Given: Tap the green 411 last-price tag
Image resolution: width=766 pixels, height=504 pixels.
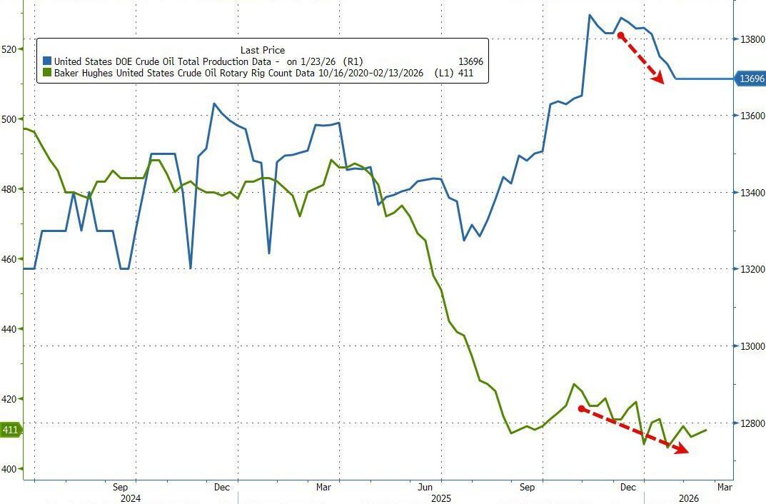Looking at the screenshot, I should click(10, 430).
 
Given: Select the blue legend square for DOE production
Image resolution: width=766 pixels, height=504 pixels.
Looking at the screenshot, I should click(47, 62).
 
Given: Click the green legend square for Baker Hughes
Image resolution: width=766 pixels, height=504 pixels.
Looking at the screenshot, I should click(47, 73).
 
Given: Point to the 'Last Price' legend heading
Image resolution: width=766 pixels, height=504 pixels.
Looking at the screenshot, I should click(262, 50).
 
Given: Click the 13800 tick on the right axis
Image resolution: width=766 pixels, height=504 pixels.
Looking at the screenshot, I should click(750, 39).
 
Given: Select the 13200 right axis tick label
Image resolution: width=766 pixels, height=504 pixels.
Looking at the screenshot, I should click(750, 270).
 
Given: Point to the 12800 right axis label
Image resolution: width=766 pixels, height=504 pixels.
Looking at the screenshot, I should click(750, 424).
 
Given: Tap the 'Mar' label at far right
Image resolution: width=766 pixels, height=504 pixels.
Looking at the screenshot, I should click(724, 488).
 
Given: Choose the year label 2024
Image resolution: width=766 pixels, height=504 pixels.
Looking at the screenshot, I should click(131, 498).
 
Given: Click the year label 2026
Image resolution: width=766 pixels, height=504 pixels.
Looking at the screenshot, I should click(688, 498).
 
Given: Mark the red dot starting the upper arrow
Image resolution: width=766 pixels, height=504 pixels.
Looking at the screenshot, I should click(621, 35).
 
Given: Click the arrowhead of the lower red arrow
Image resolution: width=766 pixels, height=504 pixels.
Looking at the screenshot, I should click(683, 450).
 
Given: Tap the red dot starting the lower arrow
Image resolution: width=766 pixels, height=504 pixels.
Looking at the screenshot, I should click(582, 409).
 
